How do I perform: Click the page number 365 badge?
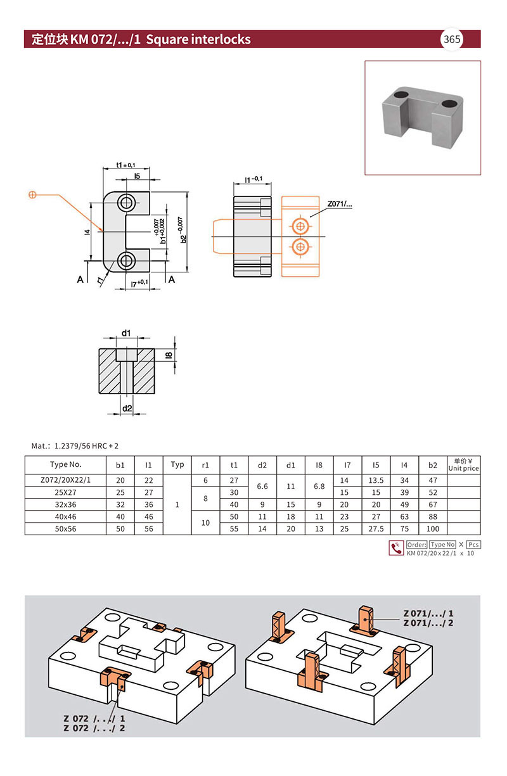click(x=452, y=39)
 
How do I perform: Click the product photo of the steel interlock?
click(x=423, y=117)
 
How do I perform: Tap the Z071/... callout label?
click(x=339, y=205)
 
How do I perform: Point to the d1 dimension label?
click(x=126, y=333)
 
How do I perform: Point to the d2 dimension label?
click(x=127, y=409)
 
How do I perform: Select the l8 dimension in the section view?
click(x=169, y=355)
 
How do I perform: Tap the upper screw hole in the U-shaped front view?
click(x=126, y=203)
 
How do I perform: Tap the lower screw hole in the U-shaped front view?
click(x=126, y=260)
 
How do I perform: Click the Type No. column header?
click(x=66, y=465)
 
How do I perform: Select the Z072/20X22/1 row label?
click(x=66, y=480)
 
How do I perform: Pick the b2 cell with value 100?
click(x=433, y=528)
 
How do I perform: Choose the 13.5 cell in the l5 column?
click(x=376, y=480)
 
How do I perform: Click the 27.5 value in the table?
click(x=376, y=528)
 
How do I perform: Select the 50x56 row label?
click(x=66, y=528)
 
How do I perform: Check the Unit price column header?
click(x=463, y=465)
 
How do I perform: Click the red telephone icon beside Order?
click(x=396, y=548)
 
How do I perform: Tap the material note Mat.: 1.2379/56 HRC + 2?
click(x=75, y=446)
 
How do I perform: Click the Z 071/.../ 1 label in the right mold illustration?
click(x=428, y=614)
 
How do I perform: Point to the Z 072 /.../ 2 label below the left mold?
click(x=94, y=728)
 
